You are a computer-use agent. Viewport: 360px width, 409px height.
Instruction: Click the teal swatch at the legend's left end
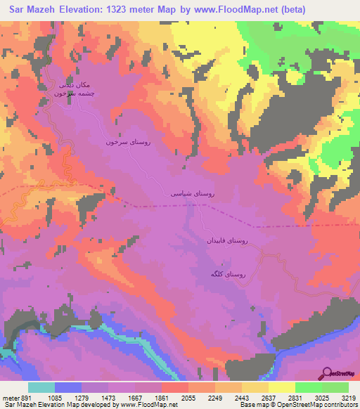(41, 387)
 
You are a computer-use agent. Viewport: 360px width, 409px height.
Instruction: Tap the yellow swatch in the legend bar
(281, 387)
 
